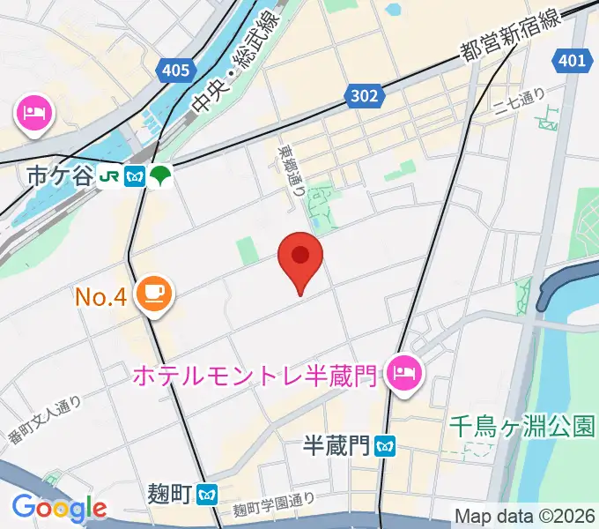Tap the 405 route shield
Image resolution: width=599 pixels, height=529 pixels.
click(x=176, y=71)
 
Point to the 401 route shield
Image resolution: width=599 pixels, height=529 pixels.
click(x=572, y=61)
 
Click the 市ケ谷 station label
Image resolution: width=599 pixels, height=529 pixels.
click(x=59, y=175)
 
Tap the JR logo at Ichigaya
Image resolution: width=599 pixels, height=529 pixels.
click(x=110, y=175)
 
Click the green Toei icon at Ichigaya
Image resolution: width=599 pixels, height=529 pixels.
click(x=160, y=175)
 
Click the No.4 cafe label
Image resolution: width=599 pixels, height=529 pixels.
click(x=104, y=297)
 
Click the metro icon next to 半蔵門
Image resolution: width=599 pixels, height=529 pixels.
click(x=384, y=446)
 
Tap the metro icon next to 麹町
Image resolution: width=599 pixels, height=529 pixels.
click(x=208, y=494)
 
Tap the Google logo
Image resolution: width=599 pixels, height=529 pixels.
click(x=59, y=508)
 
